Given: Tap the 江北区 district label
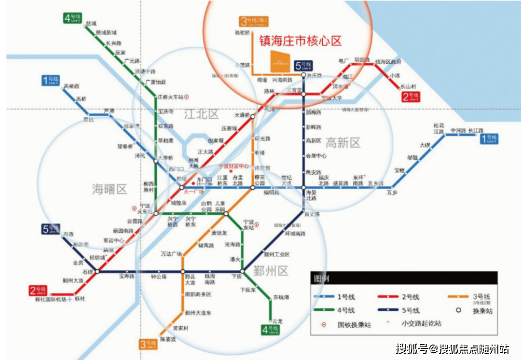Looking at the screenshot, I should coord(201,114).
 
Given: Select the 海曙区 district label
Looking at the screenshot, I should coord(110,189).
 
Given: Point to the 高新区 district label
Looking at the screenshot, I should coord(343,143).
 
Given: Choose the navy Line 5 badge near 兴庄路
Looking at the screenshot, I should coord(305,65).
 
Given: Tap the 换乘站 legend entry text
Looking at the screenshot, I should coord(482,311).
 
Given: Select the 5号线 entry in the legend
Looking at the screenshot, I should coord(411,310).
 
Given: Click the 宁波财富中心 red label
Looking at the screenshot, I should coord(234,166).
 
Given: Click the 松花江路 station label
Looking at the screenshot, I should coord(438,128).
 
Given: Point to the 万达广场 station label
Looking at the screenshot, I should coord(171,254).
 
